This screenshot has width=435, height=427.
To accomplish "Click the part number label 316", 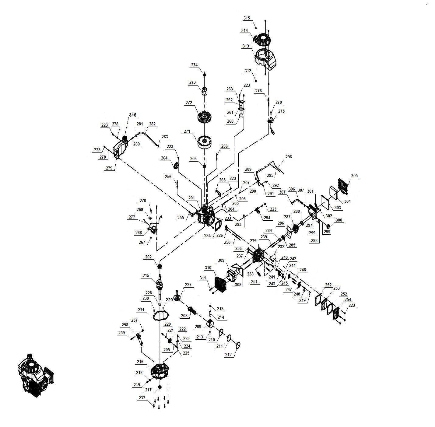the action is (132, 115).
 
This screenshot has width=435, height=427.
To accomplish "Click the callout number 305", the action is (354, 176).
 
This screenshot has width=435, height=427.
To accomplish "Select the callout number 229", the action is (169, 300).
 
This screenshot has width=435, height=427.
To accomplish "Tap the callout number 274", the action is (194, 65).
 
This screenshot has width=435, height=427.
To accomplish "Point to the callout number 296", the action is (289, 157).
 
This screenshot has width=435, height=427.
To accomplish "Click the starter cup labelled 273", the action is (205, 91).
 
